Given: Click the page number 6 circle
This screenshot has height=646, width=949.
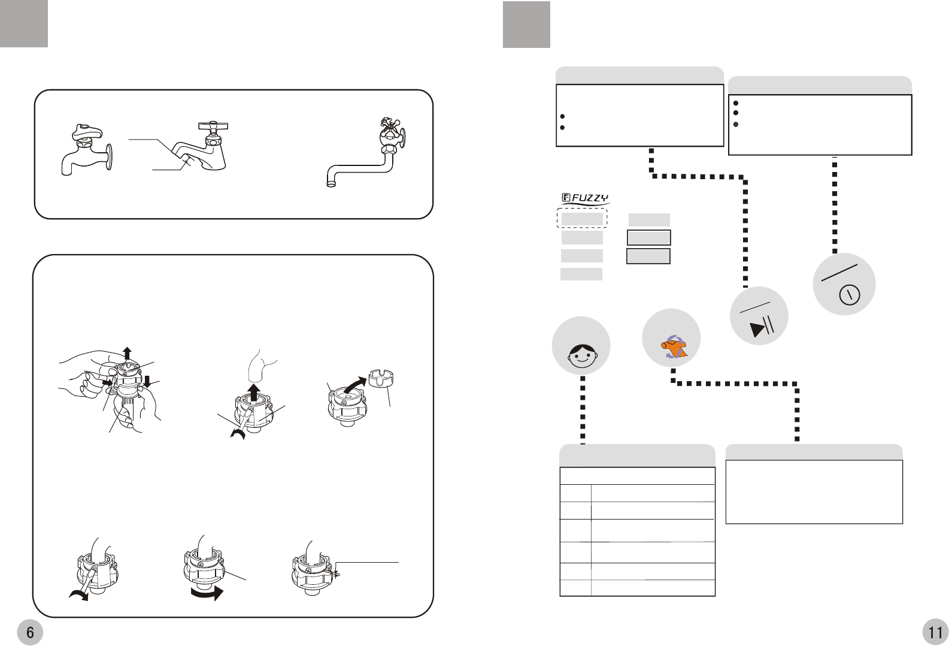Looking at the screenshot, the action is [x=30, y=632].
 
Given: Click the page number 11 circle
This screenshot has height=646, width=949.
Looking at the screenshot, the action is [x=935, y=632].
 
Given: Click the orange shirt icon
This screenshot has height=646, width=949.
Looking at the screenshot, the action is [x=674, y=347].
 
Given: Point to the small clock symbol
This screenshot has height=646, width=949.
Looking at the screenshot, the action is [x=850, y=295].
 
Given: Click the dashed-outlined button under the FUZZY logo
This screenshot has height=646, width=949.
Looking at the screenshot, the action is [x=582, y=219].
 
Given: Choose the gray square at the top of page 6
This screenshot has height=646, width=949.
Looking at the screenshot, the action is [x=24, y=23].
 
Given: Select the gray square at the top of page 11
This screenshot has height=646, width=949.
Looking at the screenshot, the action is [x=526, y=24].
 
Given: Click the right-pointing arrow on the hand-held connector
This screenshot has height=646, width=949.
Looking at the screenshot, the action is [x=107, y=381].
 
